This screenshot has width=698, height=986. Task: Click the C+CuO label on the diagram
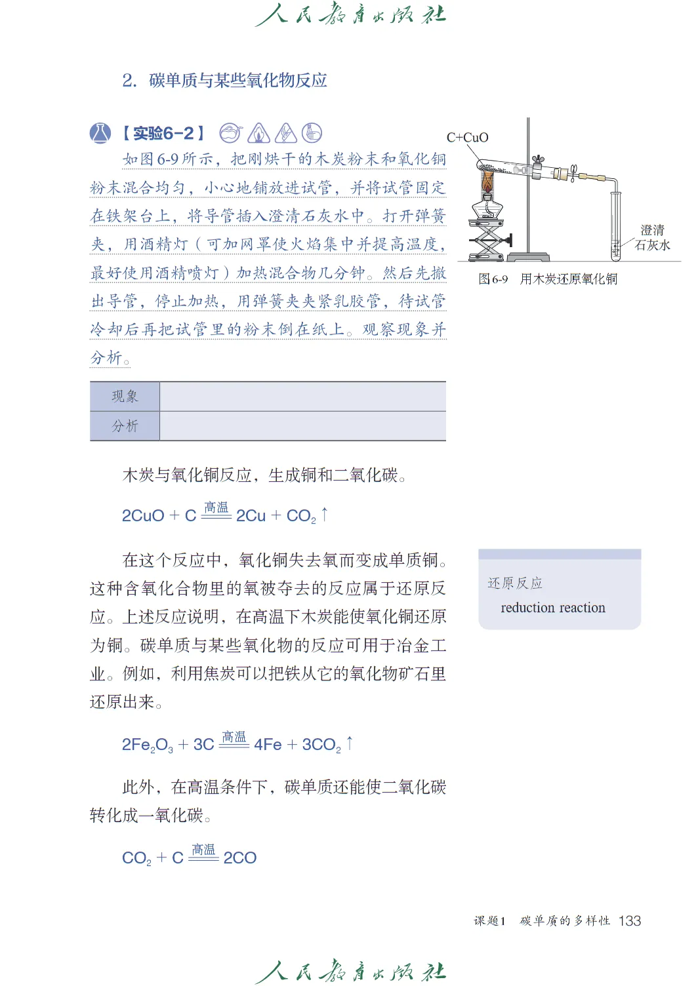[467, 138]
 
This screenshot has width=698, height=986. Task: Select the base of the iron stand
[537, 256]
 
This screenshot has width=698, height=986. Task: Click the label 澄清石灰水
[652, 237]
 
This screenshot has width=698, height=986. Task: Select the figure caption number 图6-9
[493, 279]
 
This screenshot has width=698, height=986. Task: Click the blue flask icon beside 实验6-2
[100, 133]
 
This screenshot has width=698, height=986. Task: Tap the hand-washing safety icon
[312, 133]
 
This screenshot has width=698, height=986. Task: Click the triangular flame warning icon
[258, 134]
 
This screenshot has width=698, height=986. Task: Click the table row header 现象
[125, 397]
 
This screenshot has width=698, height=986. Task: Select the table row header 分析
[125, 426]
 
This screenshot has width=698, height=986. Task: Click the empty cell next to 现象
[302, 397]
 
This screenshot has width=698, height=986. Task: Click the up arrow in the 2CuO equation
[324, 515]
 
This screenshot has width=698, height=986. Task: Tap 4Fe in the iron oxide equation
[268, 745]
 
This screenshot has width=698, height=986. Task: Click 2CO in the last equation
[240, 858]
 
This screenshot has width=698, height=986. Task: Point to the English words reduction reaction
[553, 608]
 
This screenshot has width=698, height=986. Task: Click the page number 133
[629, 921]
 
